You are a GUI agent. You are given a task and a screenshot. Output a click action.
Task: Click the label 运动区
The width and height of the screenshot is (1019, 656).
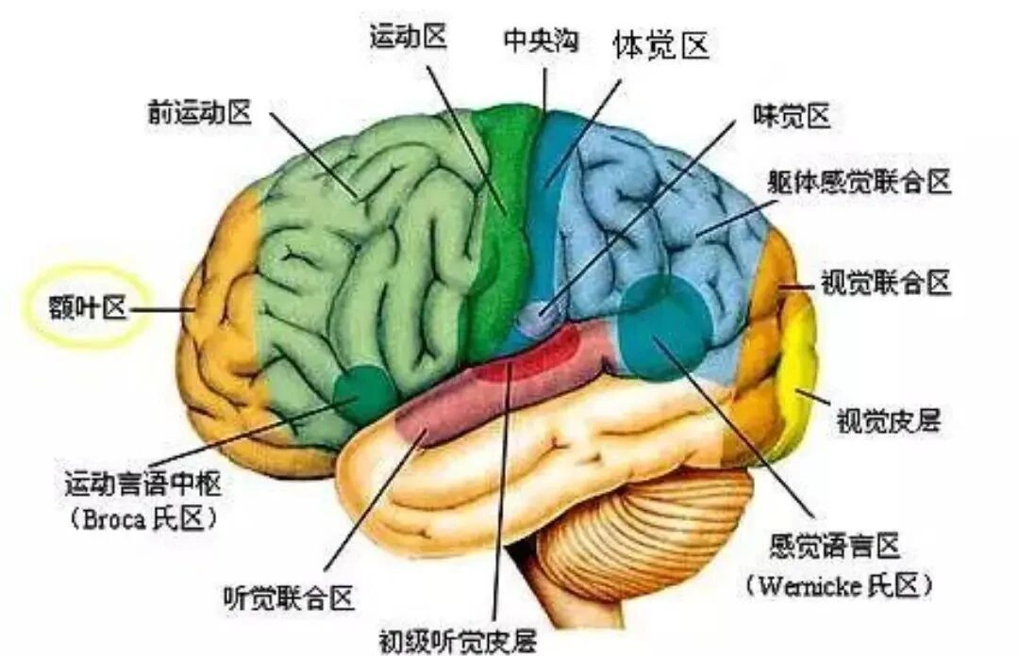[x=409, y=37]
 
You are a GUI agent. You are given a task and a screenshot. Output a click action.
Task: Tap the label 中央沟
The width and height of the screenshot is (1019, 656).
[x=541, y=41]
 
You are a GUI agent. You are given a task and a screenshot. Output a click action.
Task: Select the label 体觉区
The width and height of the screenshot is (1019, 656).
[x=660, y=45]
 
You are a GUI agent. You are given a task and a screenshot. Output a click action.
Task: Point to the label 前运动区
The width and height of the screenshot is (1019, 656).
[x=199, y=112]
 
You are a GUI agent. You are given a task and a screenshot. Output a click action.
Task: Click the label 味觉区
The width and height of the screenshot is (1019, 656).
[x=792, y=116]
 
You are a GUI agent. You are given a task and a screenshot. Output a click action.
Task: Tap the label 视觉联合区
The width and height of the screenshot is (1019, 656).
[x=886, y=283]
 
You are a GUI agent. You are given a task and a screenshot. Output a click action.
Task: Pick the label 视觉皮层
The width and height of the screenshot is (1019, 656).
[x=889, y=420]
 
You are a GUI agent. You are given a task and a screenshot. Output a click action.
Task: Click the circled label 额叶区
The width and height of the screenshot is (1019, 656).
[x=88, y=306]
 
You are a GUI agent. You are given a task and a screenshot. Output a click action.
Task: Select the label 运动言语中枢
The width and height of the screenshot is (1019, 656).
[x=143, y=484]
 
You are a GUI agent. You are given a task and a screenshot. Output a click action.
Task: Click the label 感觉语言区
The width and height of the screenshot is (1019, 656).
[x=834, y=546]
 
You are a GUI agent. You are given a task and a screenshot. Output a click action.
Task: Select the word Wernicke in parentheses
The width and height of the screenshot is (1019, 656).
[x=810, y=586]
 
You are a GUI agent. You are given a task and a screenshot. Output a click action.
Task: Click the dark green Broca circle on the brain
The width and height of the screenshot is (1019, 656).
[x=364, y=394]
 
